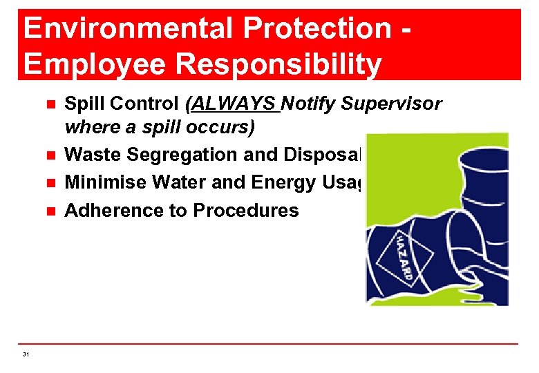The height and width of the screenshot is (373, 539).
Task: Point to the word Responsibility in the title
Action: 280,64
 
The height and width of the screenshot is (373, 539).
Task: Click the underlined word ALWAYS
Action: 235,104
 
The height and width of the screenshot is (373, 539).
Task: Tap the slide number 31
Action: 26,354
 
